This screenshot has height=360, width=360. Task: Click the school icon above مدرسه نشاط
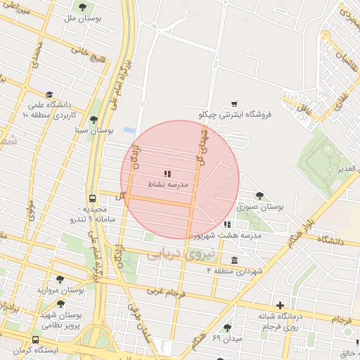coord(167,173)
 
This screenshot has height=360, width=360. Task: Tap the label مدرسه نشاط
coord(167,184)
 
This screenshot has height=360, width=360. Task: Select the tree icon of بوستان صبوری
coord(260,196)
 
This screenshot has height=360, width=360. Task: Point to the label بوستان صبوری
coord(260,207)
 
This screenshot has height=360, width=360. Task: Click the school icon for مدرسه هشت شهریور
coord(226,224)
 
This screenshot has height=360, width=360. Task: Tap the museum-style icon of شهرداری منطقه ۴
coord(234,260)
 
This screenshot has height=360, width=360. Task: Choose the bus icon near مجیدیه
coord(93,199)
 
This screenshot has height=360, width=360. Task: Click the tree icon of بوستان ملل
coord(83,8)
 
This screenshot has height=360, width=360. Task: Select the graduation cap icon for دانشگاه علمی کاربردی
coord(49,94)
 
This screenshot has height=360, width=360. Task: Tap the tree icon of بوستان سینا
coord(94,119)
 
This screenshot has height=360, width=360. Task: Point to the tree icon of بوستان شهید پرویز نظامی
coord(60,304)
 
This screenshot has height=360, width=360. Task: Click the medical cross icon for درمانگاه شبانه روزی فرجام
coord(280,305)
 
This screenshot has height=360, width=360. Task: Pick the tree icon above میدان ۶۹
coord(227,328)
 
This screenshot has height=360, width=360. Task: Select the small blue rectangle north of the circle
coord(129,131)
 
